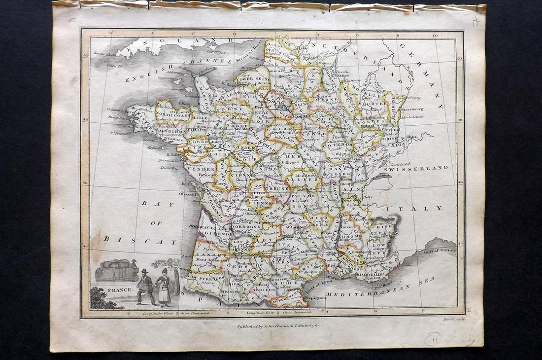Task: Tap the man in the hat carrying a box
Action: coord(144,286)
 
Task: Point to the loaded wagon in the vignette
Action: coord(115,271)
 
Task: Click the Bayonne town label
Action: coord(180,268)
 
